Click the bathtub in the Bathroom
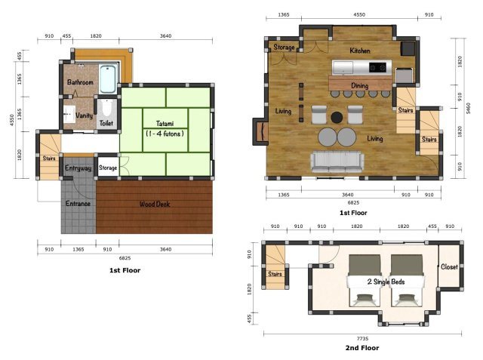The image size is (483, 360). [108, 78]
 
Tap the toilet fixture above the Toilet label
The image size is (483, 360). [106, 108]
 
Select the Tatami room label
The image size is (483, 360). [165, 124]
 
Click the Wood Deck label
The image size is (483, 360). [155, 204]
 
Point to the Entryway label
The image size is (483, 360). [78, 168]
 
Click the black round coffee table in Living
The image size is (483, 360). [337, 117]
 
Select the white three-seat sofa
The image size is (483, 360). [337, 162]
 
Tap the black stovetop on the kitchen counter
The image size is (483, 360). [377, 67]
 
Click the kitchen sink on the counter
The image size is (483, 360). [343, 67]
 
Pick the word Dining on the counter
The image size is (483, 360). [360, 85]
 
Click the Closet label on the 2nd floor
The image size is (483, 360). [449, 266]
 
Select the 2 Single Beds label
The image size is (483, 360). [386, 282]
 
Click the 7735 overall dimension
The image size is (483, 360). [362, 338]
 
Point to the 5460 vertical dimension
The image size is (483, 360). [469, 109]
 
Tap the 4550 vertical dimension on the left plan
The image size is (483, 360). [12, 120]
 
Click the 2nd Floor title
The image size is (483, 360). [362, 348]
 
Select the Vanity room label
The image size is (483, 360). [84, 115]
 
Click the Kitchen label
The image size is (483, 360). [360, 51]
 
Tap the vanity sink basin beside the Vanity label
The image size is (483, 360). [69, 114]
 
